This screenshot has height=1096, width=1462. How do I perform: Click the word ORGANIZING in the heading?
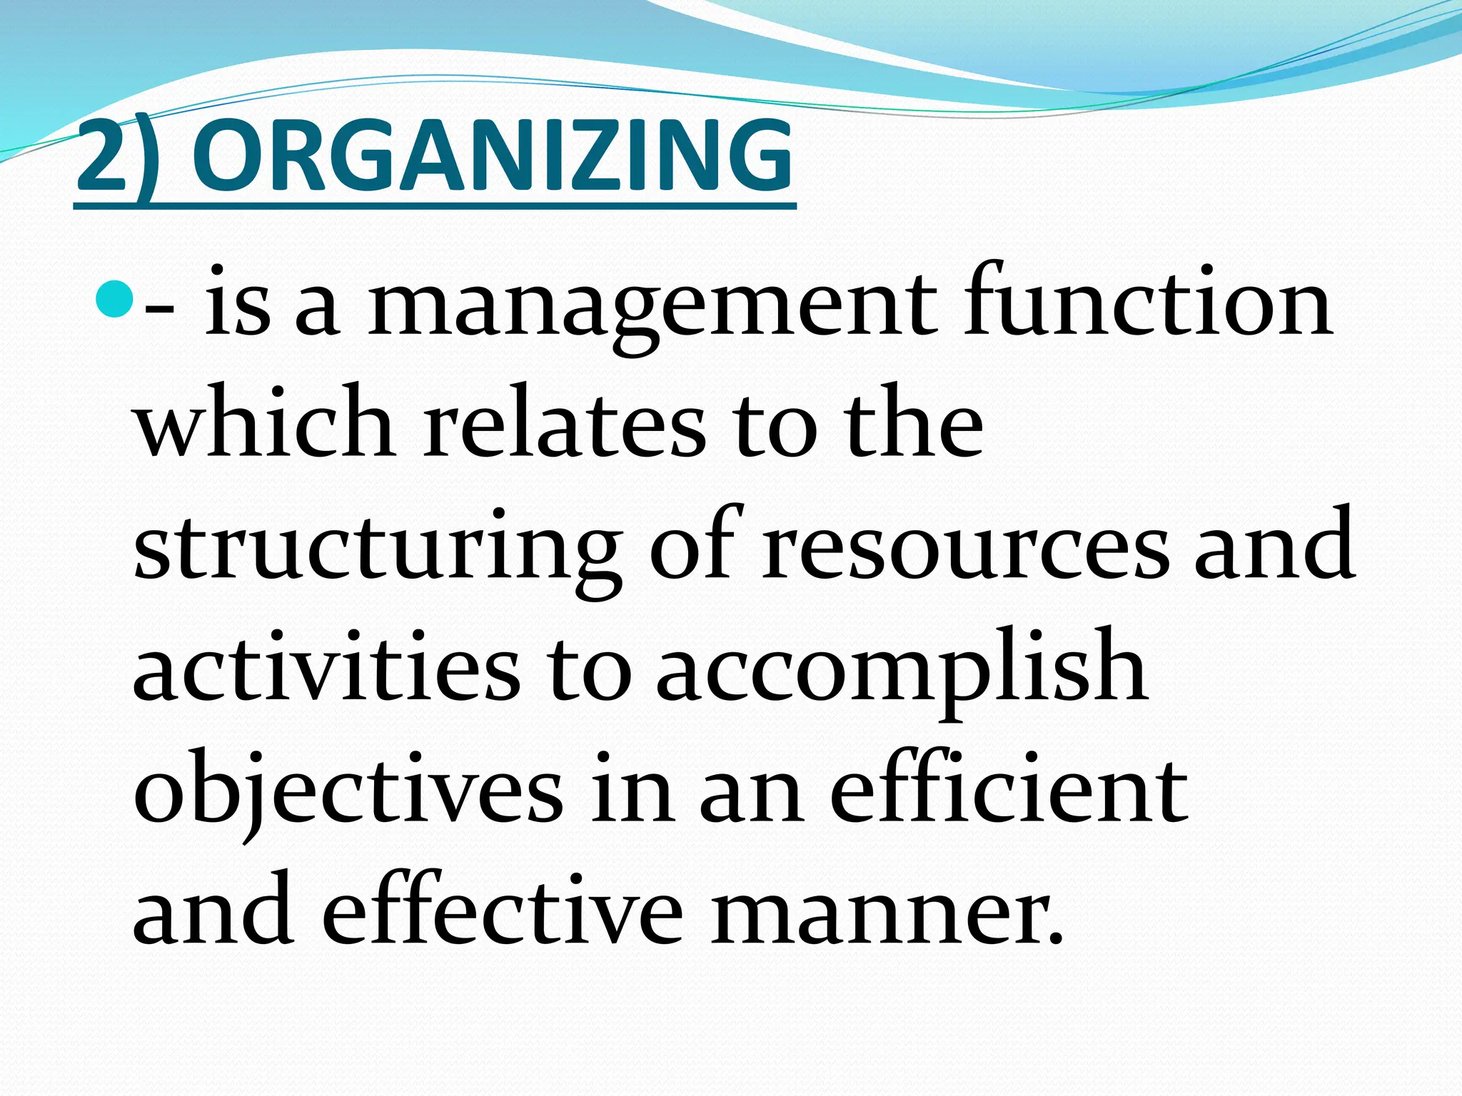pos(492,157)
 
